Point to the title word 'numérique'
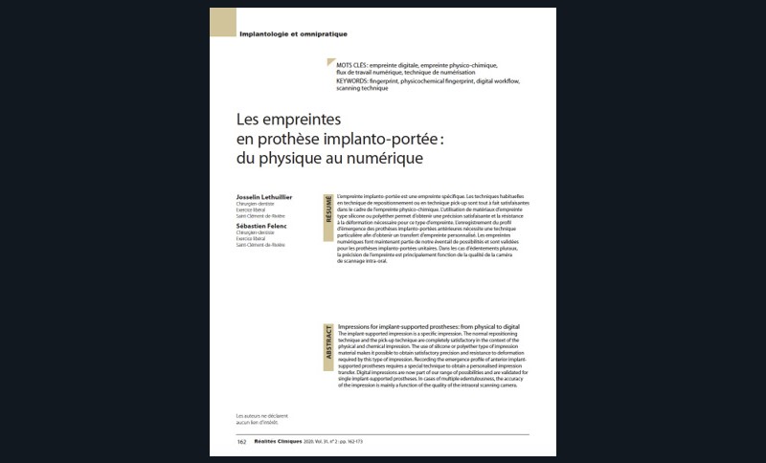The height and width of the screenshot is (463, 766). (x=382, y=156)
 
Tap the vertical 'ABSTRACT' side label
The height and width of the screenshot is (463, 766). (x=329, y=343)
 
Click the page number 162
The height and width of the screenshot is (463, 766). (x=242, y=442)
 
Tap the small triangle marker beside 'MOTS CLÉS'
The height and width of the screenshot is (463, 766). (x=330, y=63)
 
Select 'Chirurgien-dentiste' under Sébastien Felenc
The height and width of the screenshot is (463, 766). (x=255, y=232)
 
